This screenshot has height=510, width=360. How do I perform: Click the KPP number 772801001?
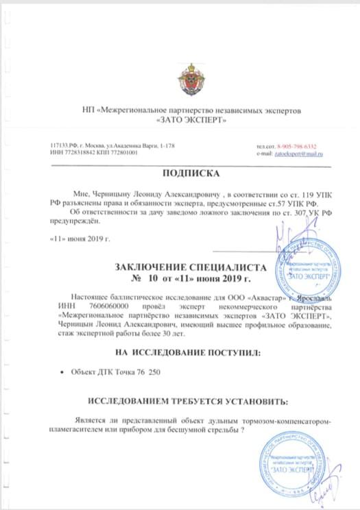(x=121, y=152)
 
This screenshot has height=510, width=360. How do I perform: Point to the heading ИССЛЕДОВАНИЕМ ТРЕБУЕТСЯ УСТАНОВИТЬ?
(x=181, y=400)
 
